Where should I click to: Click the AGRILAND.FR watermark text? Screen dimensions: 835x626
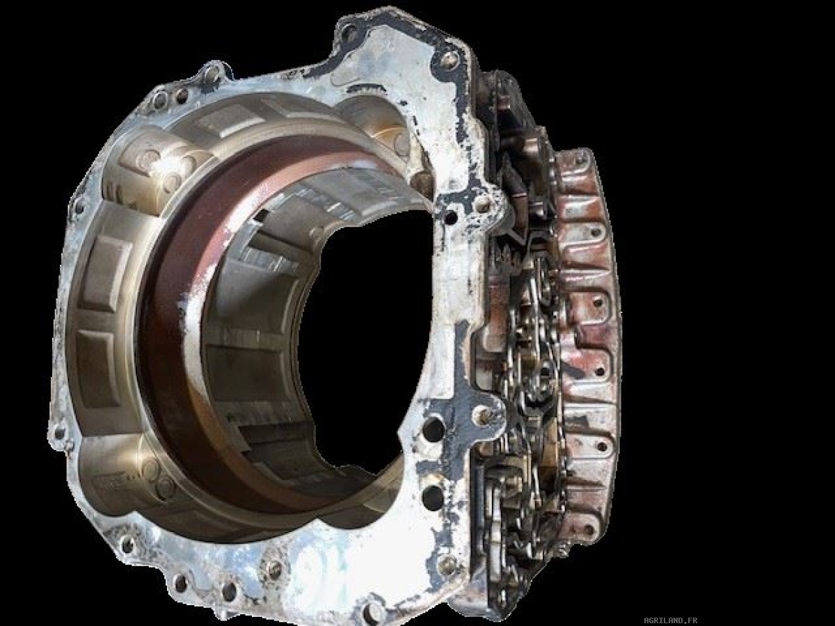(x=671, y=620)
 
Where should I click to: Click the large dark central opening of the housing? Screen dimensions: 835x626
(x=365, y=342)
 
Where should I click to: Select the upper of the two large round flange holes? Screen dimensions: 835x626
(x=433, y=428)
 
